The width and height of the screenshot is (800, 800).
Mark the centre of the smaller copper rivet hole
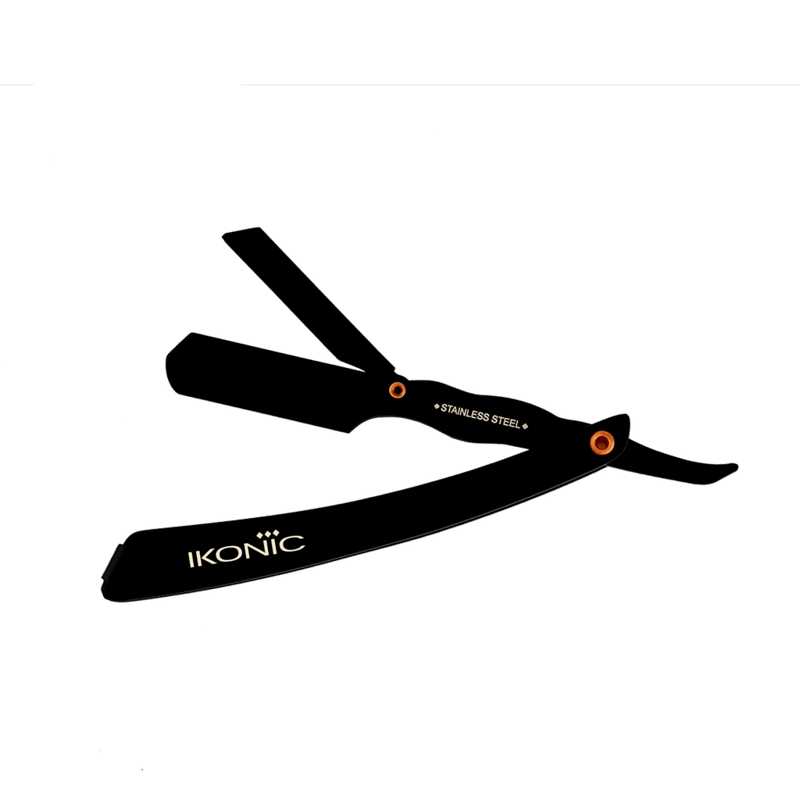[x=397, y=391]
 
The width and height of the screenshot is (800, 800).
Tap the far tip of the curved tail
[x=737, y=467]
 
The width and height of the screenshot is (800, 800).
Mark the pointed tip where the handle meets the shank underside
[x=528, y=449]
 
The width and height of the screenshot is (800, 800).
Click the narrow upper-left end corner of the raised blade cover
[x=224, y=236]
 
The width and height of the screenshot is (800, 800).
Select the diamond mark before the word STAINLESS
[x=436, y=406]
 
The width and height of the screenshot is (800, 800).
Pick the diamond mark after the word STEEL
[x=525, y=426]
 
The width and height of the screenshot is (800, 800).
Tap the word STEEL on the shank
[x=506, y=421]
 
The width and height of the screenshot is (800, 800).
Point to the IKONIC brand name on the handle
[x=247, y=548]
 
